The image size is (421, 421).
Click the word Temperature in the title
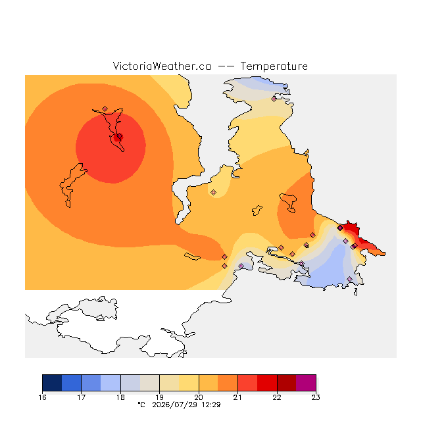tap(274, 66)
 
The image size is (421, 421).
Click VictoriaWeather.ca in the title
tap(162, 66)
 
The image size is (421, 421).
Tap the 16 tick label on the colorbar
tap(42, 397)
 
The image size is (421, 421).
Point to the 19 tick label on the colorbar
tap(159, 397)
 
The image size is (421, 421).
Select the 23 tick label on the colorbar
tap(316, 397)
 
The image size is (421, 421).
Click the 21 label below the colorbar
tap(237, 397)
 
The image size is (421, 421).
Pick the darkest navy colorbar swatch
tap(52, 383)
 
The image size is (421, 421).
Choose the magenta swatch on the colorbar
tap(306, 383)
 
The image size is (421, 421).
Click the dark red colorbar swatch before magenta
tap(287, 383)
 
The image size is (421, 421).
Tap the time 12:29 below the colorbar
tap(211, 405)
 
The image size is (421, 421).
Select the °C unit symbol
tap(141, 405)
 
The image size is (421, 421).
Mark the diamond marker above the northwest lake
tap(105, 109)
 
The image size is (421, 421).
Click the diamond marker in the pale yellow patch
tap(213, 192)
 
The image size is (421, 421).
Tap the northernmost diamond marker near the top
tap(274, 99)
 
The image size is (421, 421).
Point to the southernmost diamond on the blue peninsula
tap(349, 279)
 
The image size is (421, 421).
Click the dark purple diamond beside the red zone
tap(340, 228)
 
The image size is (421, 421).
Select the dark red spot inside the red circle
tap(118, 137)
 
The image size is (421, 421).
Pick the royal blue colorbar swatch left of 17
tap(72, 383)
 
